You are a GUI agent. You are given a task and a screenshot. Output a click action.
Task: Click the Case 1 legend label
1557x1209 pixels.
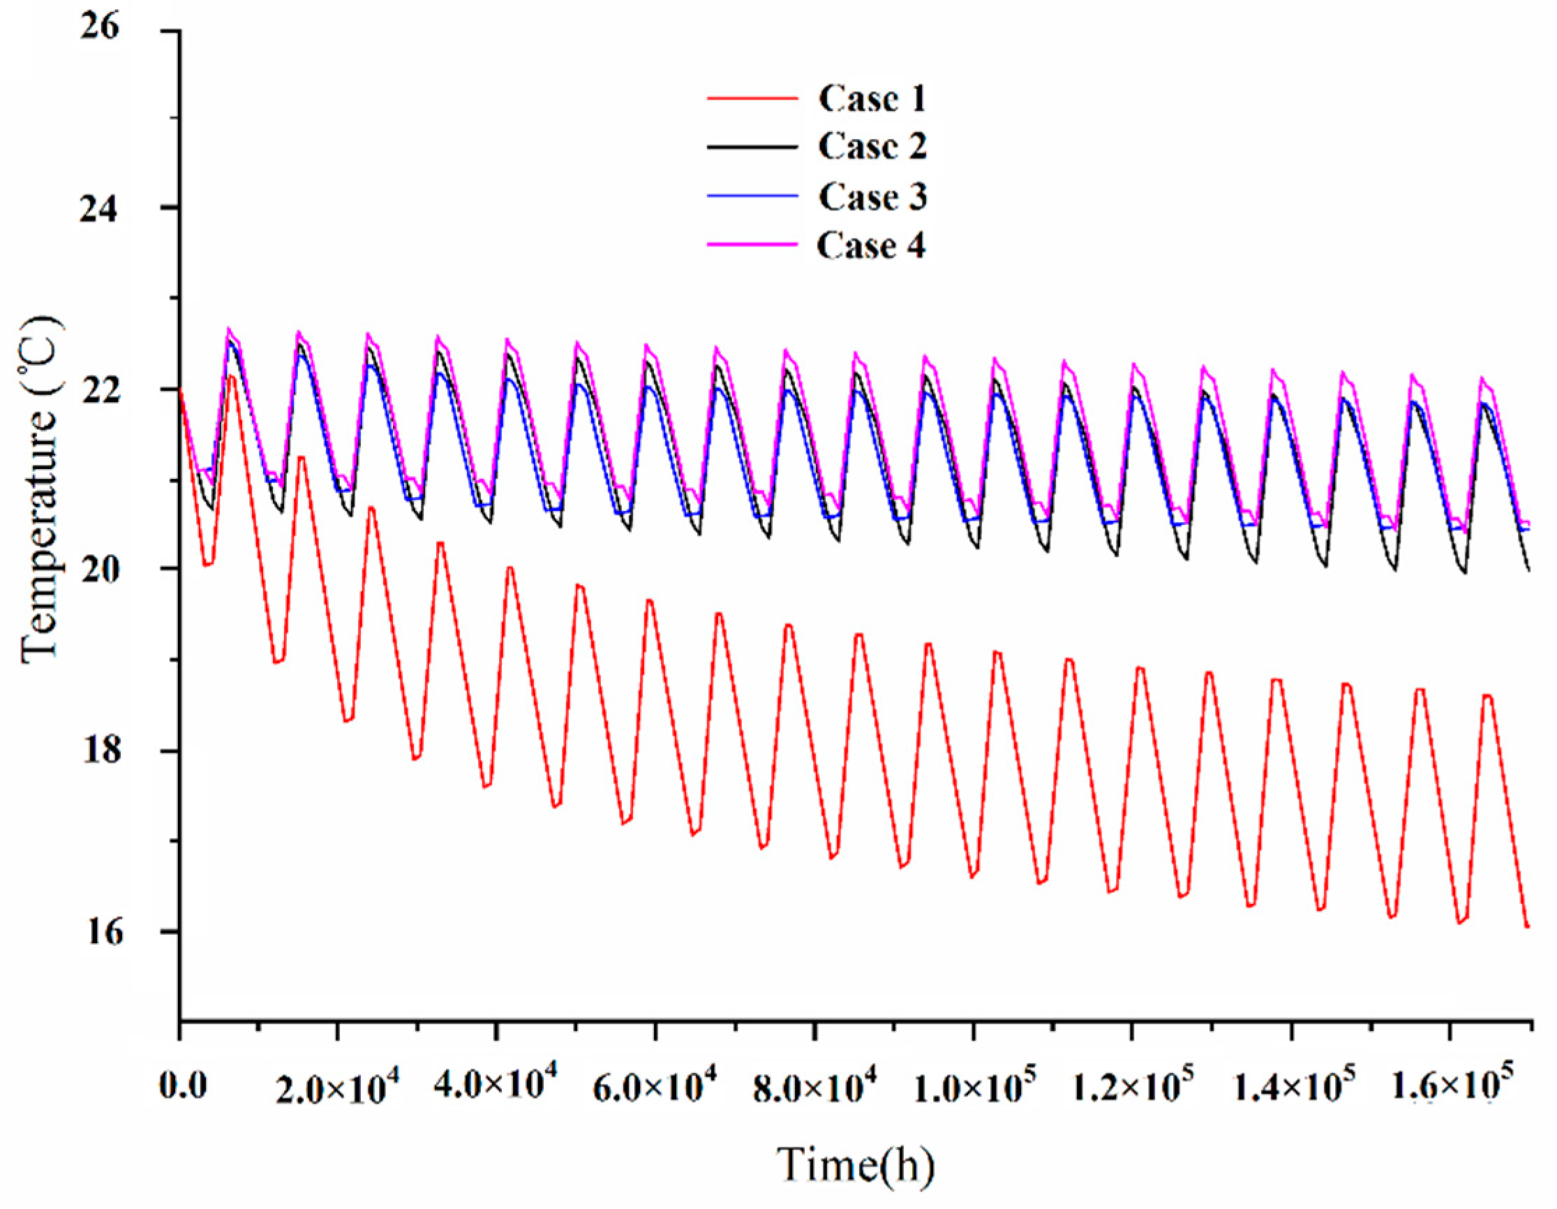coord(872,98)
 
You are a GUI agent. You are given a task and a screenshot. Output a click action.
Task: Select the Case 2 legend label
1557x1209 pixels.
coord(872,147)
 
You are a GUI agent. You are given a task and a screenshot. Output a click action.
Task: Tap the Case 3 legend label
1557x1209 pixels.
coord(872,197)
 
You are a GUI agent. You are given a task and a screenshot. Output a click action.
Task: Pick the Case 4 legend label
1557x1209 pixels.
coord(870,246)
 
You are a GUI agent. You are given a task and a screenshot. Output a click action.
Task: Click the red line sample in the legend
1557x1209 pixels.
coord(752,98)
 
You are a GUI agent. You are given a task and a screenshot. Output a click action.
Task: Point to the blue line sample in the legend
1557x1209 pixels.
coord(752,195)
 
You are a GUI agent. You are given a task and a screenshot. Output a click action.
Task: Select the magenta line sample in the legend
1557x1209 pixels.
coord(752,244)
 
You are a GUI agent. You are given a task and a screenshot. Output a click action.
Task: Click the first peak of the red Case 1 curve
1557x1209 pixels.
coord(231,376)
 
